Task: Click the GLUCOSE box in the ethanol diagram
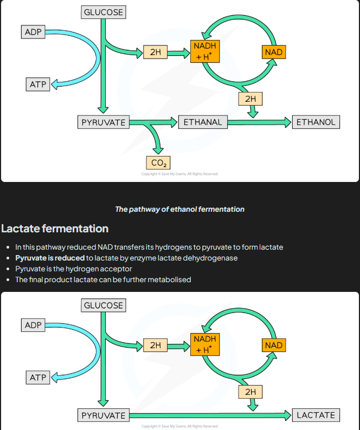click(103, 12)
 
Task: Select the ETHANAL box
click(202, 122)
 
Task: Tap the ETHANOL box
click(316, 122)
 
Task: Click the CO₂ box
click(158, 162)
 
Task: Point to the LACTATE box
click(316, 415)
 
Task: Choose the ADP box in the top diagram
click(33, 32)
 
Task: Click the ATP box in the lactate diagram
click(37, 377)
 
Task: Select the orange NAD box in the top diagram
click(274, 52)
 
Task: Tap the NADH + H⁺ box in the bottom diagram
click(204, 344)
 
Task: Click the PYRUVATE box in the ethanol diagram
click(103, 122)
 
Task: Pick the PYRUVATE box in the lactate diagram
click(103, 415)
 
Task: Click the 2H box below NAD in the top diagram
click(250, 99)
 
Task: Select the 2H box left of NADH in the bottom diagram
click(156, 345)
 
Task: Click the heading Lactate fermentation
click(55, 228)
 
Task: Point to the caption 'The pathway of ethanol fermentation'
click(179, 209)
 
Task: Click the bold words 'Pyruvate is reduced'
click(50, 258)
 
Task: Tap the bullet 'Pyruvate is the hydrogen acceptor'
click(73, 269)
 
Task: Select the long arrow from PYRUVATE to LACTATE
click(211, 415)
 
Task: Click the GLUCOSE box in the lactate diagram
click(103, 305)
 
